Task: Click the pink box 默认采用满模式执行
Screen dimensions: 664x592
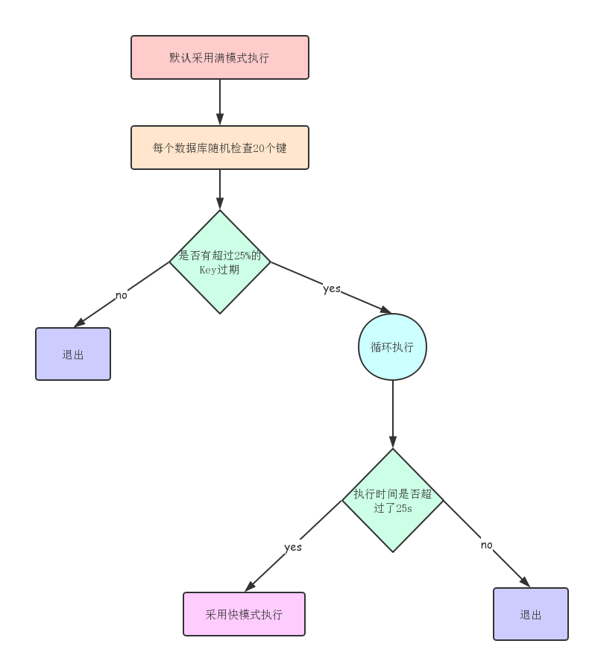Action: click(220, 57)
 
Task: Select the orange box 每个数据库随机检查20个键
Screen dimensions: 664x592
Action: click(220, 148)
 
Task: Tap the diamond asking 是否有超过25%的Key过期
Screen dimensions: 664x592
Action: click(220, 262)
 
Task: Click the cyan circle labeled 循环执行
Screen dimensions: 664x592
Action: click(392, 347)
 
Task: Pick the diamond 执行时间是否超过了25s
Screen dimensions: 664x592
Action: click(393, 500)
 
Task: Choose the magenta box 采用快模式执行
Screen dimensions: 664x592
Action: click(244, 614)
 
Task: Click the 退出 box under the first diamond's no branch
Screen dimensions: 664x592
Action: click(73, 354)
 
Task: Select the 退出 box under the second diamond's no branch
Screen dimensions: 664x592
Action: click(531, 614)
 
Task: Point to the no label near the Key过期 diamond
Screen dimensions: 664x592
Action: click(122, 295)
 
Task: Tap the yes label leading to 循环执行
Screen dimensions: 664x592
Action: click(332, 288)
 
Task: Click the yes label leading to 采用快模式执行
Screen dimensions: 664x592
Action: click(293, 547)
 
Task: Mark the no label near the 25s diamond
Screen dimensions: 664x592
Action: click(487, 545)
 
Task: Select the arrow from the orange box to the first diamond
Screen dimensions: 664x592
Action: click(220, 189)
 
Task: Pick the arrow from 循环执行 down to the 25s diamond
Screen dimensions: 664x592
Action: click(393, 414)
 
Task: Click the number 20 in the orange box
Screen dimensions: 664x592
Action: click(259, 148)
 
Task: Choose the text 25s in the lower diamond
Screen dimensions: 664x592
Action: click(403, 508)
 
